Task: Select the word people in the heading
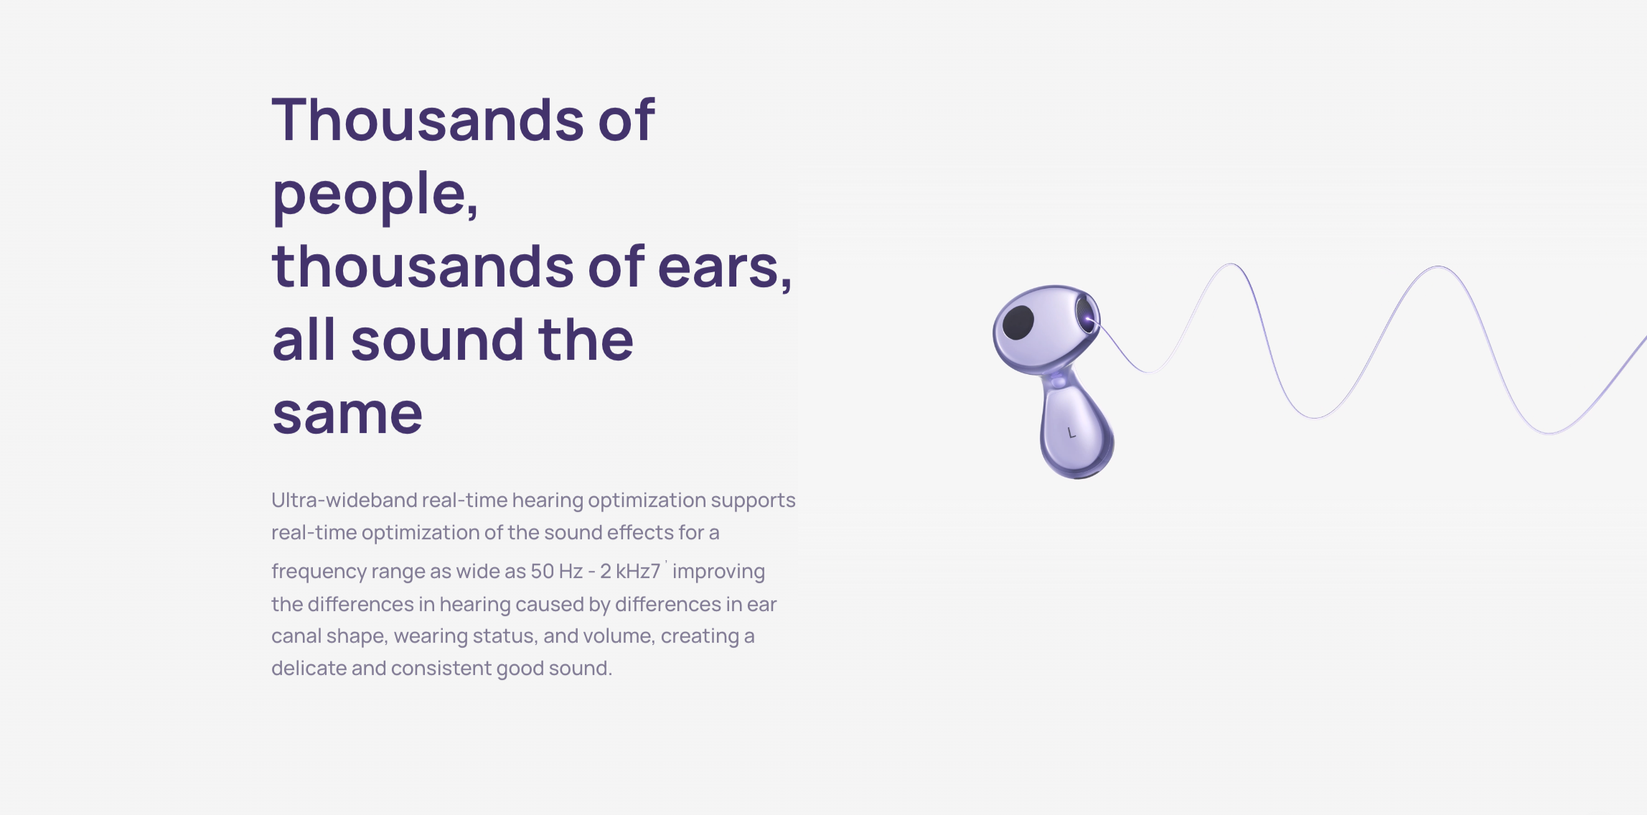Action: (x=375, y=195)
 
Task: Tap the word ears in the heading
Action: (x=725, y=269)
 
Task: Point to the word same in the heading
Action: (x=347, y=415)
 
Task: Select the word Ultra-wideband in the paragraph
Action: (x=344, y=500)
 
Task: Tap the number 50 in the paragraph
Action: (x=542, y=572)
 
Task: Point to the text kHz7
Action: (x=637, y=572)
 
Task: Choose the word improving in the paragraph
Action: (x=718, y=572)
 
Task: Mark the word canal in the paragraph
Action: (x=296, y=636)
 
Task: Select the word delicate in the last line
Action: (x=309, y=668)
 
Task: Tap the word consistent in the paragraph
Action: (x=452, y=669)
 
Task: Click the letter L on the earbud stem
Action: (x=1071, y=433)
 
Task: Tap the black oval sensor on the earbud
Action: (x=1018, y=322)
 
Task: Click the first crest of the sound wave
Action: (x=1231, y=265)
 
